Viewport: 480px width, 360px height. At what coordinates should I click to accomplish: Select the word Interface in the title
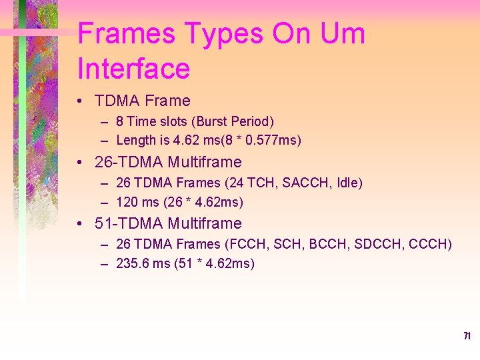pyautogui.click(x=134, y=69)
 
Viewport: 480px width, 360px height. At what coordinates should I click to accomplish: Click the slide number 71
pyautogui.click(x=467, y=336)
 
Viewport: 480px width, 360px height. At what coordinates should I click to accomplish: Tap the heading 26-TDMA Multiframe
pyautogui.click(x=168, y=162)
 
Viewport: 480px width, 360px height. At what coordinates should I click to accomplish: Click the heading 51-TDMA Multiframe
pyautogui.click(x=168, y=223)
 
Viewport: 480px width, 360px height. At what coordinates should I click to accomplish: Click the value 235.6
pyautogui.click(x=131, y=263)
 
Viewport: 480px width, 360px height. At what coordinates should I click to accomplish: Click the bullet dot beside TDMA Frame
pyautogui.click(x=80, y=101)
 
